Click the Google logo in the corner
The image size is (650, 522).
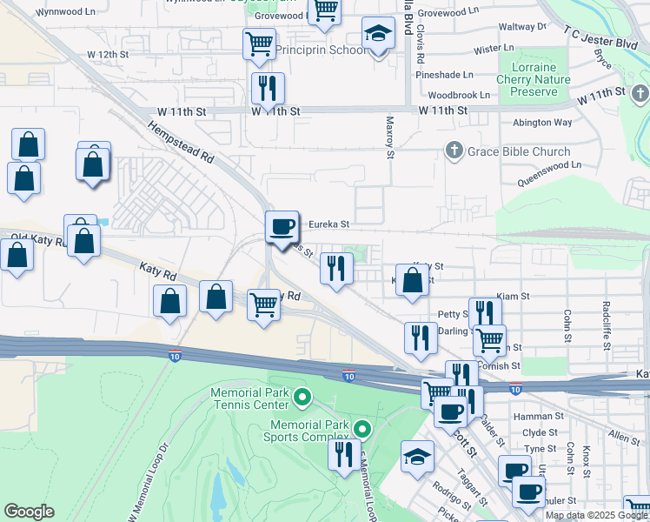[x=30, y=512]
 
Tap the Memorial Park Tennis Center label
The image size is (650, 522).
[x=249, y=399]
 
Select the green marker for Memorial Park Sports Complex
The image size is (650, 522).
[x=363, y=428]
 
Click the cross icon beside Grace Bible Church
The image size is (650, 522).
[x=452, y=151]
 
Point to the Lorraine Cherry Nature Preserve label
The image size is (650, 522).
[x=534, y=79]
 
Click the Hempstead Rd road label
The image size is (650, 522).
[x=181, y=143]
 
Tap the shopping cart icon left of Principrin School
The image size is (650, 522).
[x=260, y=43]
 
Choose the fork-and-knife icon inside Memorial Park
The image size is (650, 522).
[x=344, y=454]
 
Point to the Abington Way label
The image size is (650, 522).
[x=542, y=123]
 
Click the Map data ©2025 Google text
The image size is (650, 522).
[x=596, y=515]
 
